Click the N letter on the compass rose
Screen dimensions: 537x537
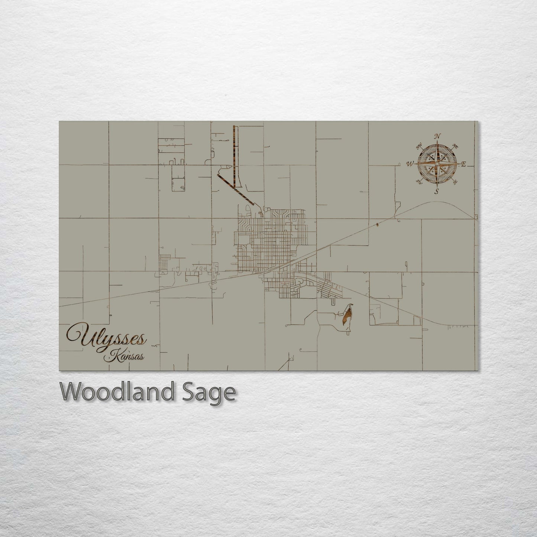point(438,136)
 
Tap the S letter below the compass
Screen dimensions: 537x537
point(437,191)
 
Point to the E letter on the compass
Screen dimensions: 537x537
point(463,164)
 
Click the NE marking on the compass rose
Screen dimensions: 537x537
point(454,145)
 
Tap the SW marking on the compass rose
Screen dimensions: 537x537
point(420,181)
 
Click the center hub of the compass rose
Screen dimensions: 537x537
point(438,164)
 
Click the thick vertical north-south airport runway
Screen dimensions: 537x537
point(234,156)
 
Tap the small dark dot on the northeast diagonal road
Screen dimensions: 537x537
point(378,224)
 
